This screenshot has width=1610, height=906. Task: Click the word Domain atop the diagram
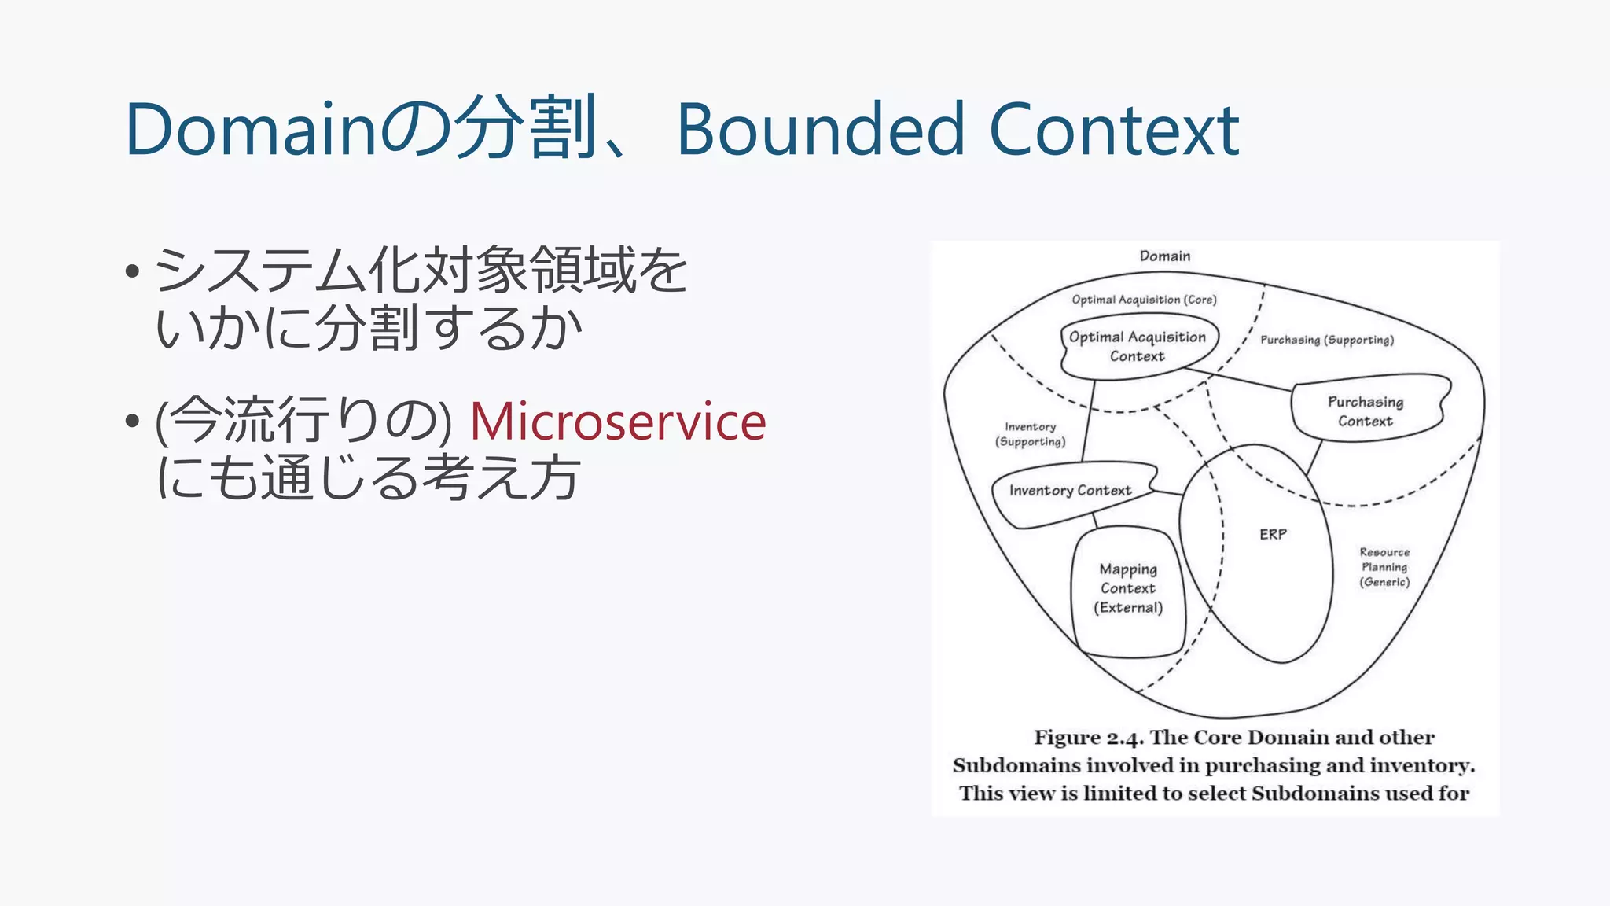point(1164,256)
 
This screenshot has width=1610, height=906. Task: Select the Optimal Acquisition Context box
point(1137,347)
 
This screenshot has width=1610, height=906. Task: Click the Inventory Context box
point(1070,491)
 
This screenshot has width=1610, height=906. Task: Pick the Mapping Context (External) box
point(1127,588)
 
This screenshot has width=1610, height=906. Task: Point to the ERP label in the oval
point(1273,535)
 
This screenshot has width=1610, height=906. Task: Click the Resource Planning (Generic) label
point(1384,567)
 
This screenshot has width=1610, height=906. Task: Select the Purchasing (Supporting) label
point(1327,340)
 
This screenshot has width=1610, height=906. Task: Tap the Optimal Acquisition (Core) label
point(1144,300)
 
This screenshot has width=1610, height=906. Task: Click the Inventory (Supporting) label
point(1030,434)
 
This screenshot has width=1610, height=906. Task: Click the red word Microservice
point(617,422)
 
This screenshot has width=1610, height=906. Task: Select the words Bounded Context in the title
point(957,130)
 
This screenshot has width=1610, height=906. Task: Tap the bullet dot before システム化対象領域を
point(132,272)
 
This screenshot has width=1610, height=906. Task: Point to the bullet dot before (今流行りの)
point(132,422)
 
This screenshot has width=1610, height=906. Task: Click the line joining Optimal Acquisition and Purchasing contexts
point(1239,379)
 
